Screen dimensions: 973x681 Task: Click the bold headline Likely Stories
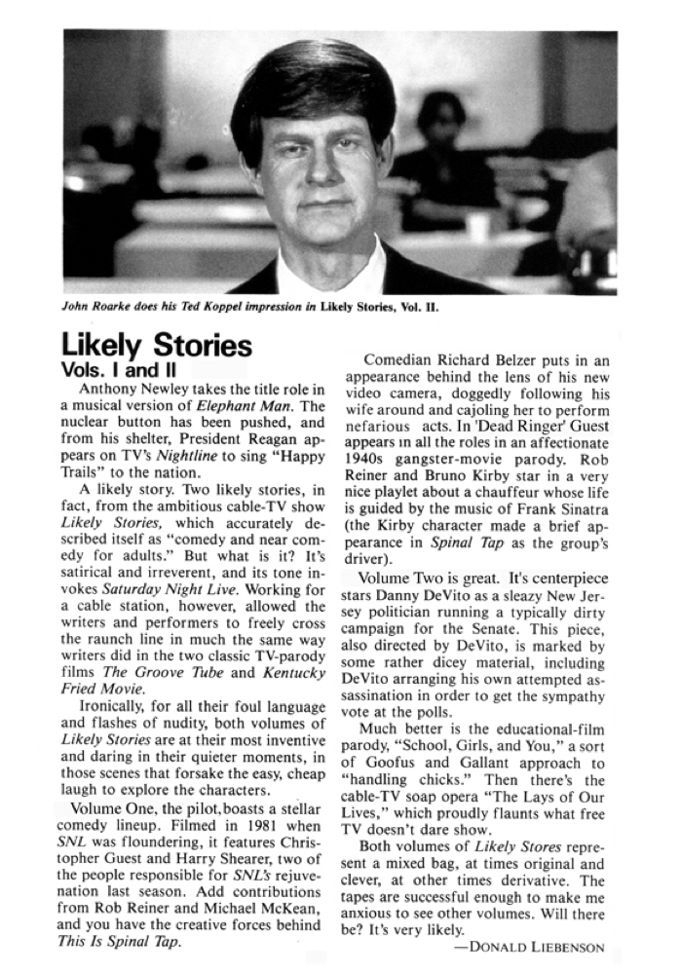156,346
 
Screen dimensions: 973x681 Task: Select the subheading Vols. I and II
120,370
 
